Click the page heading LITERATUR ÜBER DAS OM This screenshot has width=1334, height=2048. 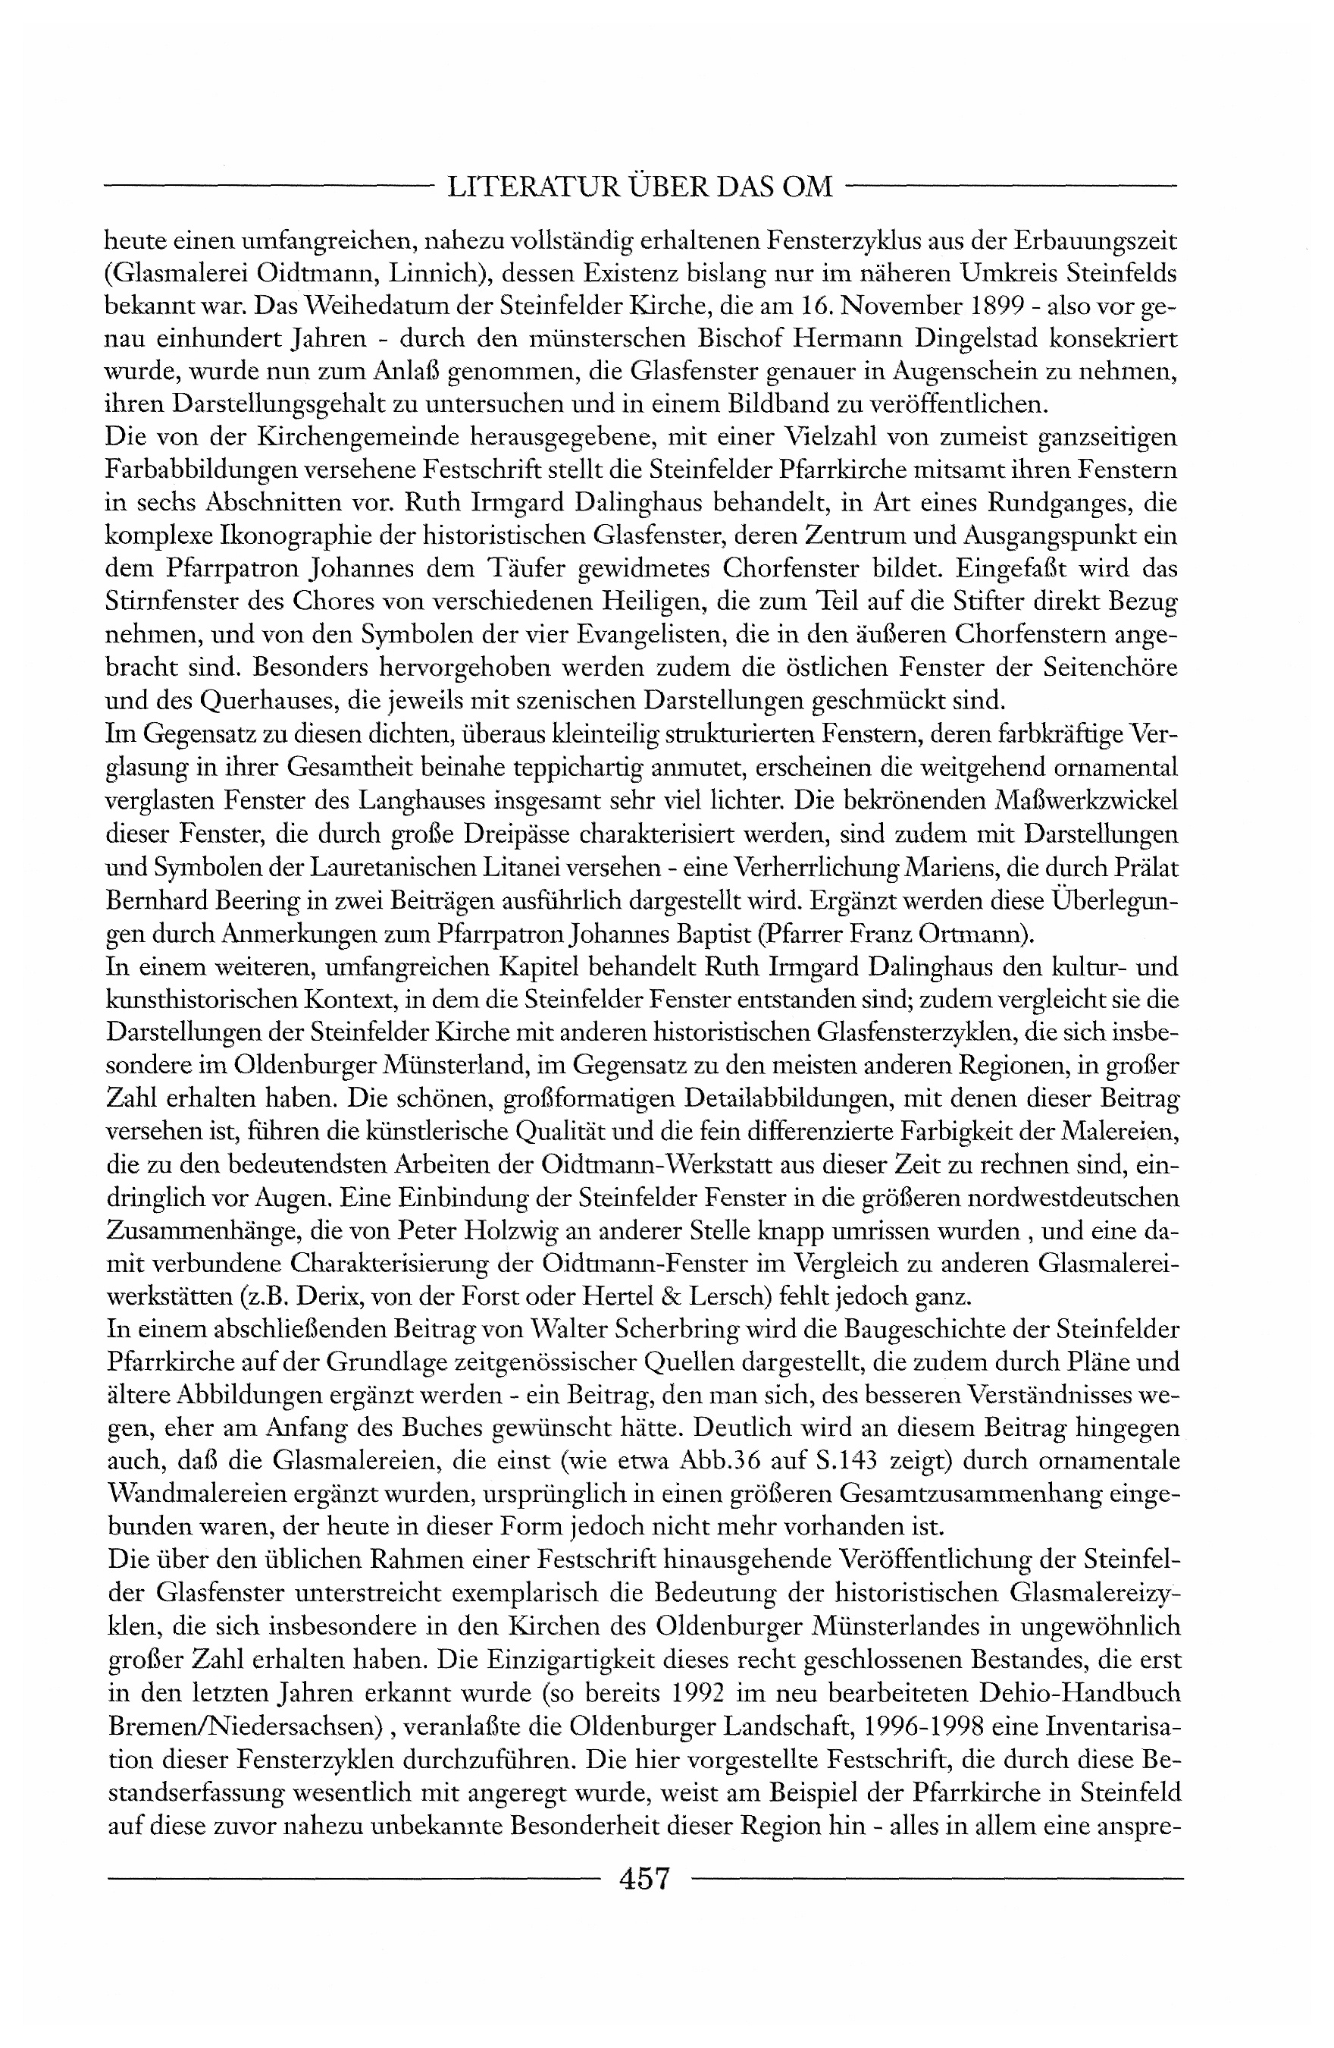640,186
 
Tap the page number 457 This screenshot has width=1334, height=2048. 644,1877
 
